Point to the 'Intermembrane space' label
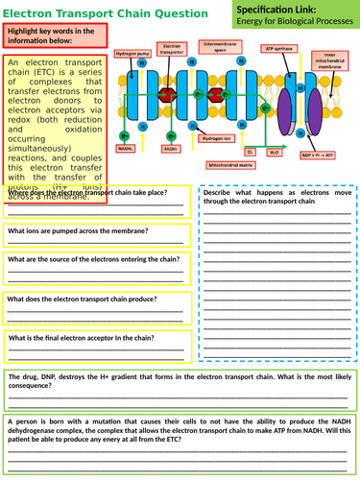(x=216, y=46)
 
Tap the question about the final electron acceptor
(x=91, y=338)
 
